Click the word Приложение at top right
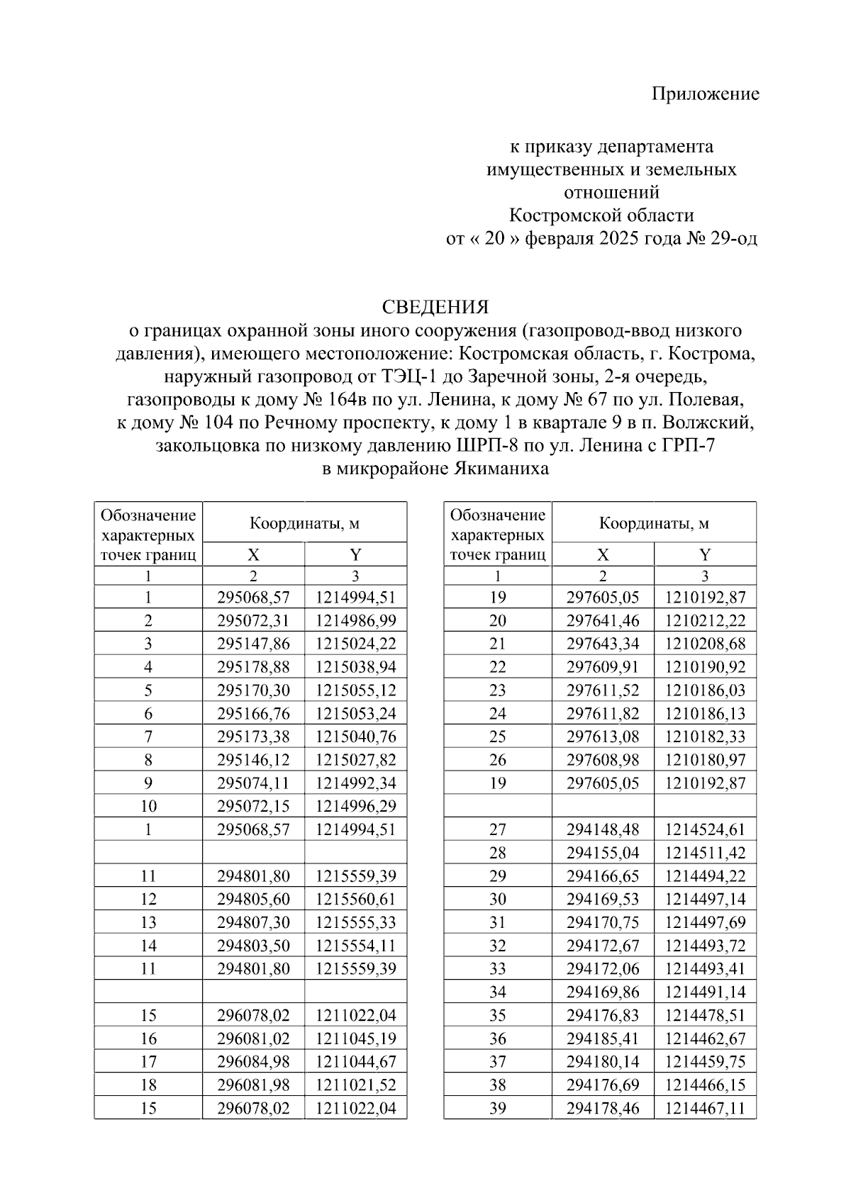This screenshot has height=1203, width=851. (x=705, y=94)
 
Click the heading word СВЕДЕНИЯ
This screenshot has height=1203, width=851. (x=435, y=307)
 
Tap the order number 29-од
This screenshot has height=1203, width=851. (x=733, y=238)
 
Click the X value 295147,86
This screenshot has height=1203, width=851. (x=253, y=644)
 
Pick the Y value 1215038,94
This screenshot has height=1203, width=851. (x=355, y=667)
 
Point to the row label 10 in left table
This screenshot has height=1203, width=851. (x=148, y=806)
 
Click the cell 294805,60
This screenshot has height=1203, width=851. (x=253, y=899)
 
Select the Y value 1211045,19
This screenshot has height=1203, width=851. (x=355, y=1039)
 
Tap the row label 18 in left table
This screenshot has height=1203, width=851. (x=148, y=1085)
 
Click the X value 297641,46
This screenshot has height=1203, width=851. (x=603, y=621)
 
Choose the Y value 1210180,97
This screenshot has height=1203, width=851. (x=705, y=760)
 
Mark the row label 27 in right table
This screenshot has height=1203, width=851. (x=498, y=829)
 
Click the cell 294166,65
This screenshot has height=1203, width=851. (x=603, y=875)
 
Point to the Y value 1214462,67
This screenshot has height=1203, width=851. (x=705, y=1039)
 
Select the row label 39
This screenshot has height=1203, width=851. (x=498, y=1108)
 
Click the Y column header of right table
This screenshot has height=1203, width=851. (x=705, y=554)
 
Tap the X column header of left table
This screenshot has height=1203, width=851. (x=253, y=554)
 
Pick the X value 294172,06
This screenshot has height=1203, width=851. (x=603, y=968)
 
